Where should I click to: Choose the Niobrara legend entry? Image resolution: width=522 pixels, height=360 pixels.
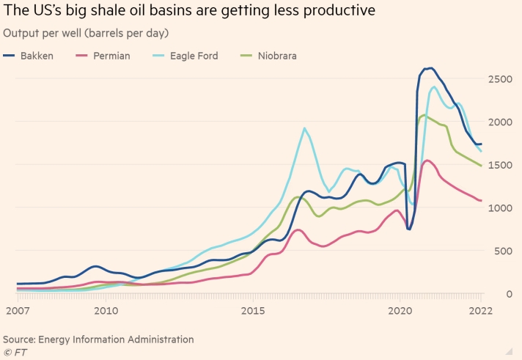coord(271,56)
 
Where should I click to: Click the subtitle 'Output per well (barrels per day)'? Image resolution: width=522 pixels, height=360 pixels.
coord(86,33)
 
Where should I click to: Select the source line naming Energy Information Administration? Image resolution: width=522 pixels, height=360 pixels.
coord(98,339)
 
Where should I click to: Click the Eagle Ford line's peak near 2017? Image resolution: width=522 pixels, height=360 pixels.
coord(305,128)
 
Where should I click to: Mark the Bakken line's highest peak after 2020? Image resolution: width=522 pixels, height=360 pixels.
coord(430,68)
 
